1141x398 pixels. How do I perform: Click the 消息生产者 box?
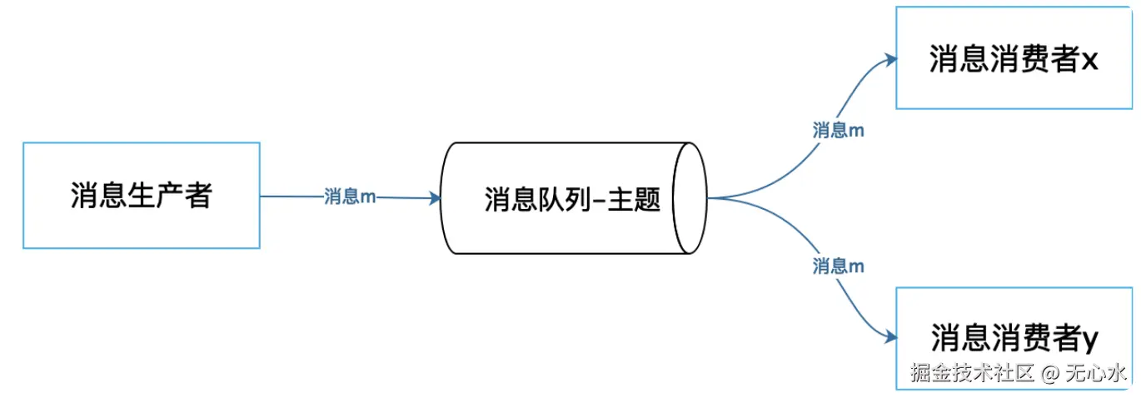pyautogui.click(x=141, y=196)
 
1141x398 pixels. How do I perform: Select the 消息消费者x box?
pyautogui.click(x=1014, y=58)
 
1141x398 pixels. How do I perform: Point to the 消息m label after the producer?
pyautogui.click(x=349, y=197)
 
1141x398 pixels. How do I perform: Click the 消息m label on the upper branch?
pyautogui.click(x=838, y=130)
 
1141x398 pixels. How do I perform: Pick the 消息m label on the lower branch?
pyautogui.click(x=838, y=266)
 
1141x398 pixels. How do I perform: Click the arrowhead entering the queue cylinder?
pyautogui.click(x=434, y=198)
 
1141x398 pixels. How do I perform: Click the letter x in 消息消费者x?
pyautogui.click(x=1091, y=61)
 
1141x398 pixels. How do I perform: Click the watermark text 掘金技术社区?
pyautogui.click(x=971, y=372)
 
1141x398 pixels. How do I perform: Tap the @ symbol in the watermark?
pyautogui.click(x=1050, y=372)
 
